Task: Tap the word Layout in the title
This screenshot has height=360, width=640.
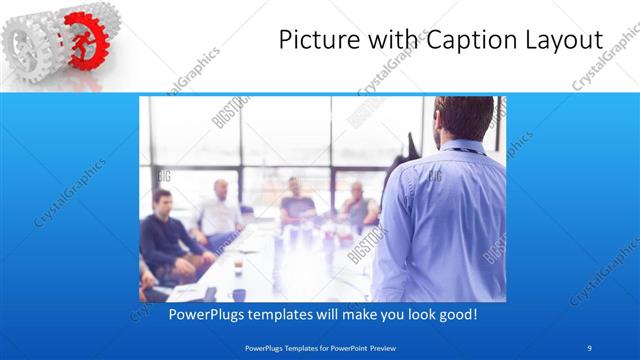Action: pyautogui.click(x=565, y=41)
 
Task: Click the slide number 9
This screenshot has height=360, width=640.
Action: pyautogui.click(x=590, y=347)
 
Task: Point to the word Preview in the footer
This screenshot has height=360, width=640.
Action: pyautogui.click(x=379, y=347)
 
